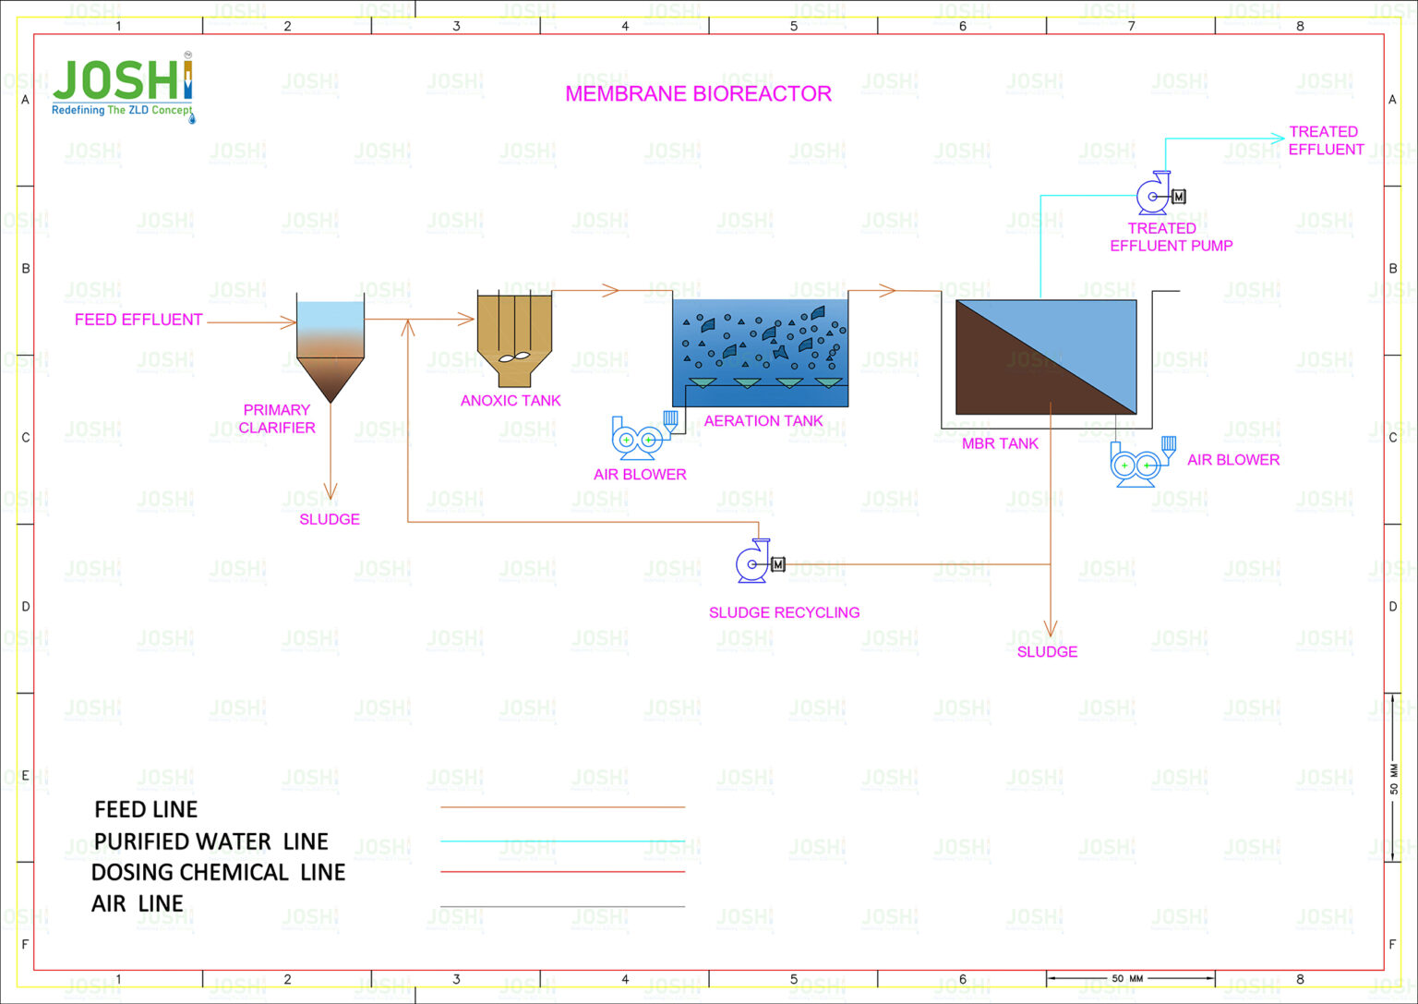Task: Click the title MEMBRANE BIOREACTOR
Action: (698, 94)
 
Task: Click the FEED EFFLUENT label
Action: (138, 320)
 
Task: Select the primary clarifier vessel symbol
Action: (330, 346)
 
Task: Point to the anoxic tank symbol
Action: (514, 338)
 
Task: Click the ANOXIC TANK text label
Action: (511, 401)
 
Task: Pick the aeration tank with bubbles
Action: (760, 353)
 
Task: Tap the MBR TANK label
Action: (1000, 444)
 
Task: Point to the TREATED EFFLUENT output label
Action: (1325, 140)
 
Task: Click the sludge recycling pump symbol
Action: (758, 562)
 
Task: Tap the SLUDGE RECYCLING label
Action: (784, 613)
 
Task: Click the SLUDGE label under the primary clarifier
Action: (330, 520)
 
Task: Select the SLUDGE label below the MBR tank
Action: (1047, 652)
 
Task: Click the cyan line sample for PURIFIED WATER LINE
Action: (562, 841)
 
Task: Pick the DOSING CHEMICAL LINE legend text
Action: (218, 873)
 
